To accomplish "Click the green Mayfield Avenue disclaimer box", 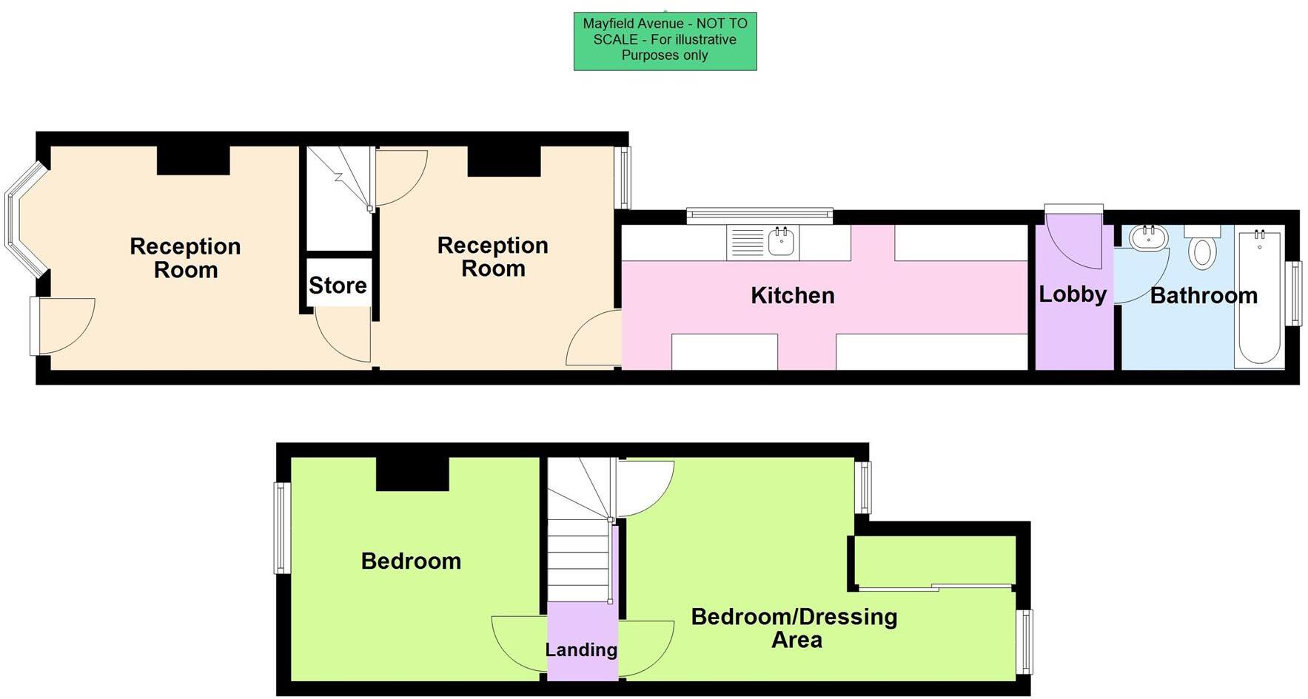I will (x=665, y=41).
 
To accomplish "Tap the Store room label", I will (x=338, y=286).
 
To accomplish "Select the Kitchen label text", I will (x=792, y=295).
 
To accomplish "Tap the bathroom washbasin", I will (x=1148, y=237).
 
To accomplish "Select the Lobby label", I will (x=1072, y=294).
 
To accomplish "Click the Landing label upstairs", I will (x=581, y=649).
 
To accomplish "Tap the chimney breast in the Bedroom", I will (x=412, y=474).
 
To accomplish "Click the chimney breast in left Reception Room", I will (x=193, y=161).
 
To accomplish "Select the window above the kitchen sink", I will (x=759, y=215).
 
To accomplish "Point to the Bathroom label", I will (x=1204, y=296).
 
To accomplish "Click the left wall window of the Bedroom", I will (x=281, y=528).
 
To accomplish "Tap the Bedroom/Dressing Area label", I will (x=794, y=628).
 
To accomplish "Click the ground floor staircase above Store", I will (x=339, y=196).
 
